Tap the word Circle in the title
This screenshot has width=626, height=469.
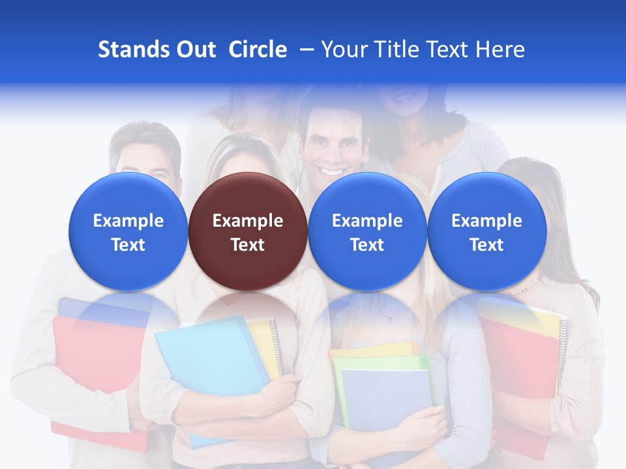point(258,50)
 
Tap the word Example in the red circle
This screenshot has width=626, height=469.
point(248,221)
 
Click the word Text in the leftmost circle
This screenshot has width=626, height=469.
point(128,245)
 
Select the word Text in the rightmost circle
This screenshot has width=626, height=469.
point(486,245)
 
